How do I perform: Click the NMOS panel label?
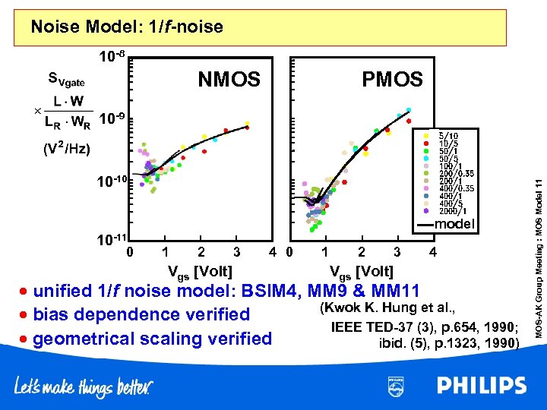229,79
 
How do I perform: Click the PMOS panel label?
392,79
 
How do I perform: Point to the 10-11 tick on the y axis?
110,241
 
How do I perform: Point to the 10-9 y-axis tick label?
115,119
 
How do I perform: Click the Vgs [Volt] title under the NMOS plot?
199,271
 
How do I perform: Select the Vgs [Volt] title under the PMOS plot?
361,271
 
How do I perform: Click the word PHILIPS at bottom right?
481,386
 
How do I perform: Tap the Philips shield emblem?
396,386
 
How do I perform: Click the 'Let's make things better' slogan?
83,387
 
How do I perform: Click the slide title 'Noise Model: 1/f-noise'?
127,27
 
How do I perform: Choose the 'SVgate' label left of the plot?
66,78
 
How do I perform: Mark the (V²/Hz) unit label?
66,148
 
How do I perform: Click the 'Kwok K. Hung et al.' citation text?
387,307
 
